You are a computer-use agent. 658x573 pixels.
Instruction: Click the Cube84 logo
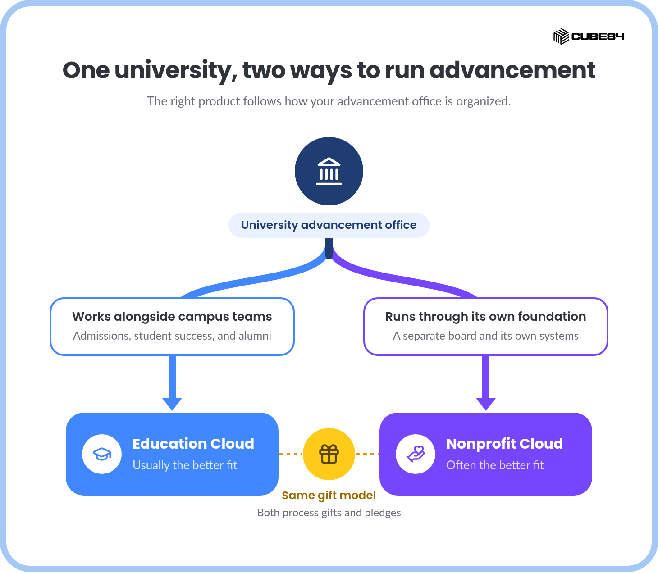pos(589,36)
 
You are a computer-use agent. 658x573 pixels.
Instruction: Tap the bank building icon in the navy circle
pos(329,171)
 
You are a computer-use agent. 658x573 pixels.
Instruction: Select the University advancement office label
pos(329,225)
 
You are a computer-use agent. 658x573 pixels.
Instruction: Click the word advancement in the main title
pos(512,70)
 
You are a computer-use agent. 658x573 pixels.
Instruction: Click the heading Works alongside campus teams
pos(172,317)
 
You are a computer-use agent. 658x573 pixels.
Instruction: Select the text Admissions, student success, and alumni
pos(172,336)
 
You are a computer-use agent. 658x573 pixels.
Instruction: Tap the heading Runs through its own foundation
pos(486,317)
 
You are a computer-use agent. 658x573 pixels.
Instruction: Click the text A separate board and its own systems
pos(486,336)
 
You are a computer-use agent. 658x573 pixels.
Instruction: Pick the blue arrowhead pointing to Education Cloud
pos(172,404)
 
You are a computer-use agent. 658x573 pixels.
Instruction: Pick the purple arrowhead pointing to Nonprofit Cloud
pos(486,404)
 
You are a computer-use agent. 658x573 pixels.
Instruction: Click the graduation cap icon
pos(102,454)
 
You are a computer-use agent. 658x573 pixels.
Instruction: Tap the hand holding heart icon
pos(416,454)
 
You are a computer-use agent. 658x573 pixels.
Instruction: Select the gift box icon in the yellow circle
pos(329,454)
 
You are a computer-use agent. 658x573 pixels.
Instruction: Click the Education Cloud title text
pos(193,444)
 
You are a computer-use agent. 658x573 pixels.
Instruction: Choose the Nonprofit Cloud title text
pos(505,444)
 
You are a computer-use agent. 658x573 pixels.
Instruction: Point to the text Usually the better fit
pos(185,465)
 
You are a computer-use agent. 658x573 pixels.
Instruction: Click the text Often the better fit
pos(495,465)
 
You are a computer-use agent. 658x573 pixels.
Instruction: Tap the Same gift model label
pos(329,495)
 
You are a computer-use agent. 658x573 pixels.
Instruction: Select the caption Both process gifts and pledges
pos(329,513)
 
